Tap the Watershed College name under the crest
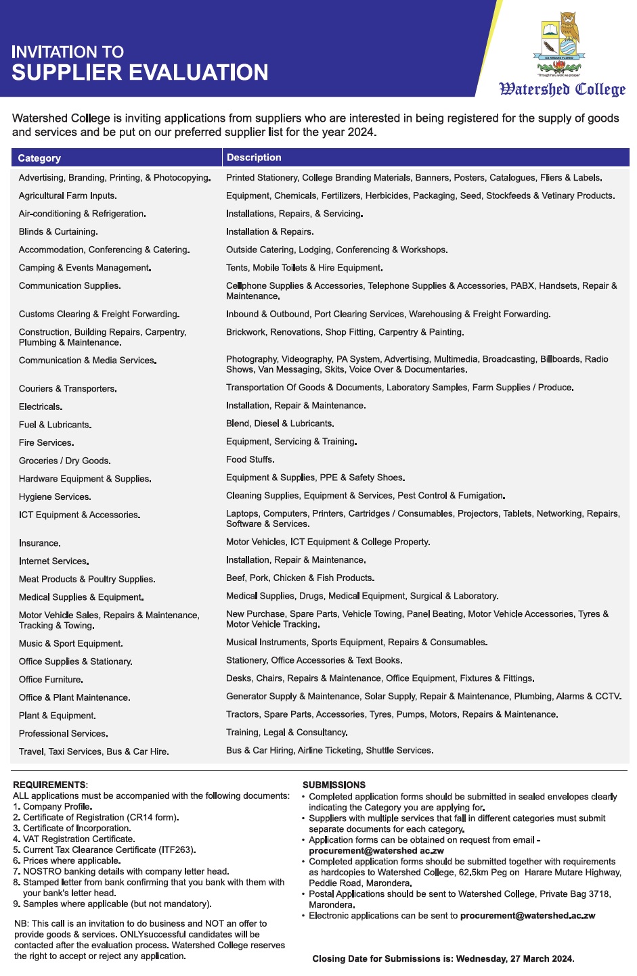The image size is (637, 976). pos(562,89)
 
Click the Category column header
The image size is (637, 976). pos(39,158)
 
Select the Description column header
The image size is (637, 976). pos(254,158)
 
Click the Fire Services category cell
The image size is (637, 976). pos(47,443)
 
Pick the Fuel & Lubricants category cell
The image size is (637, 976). pos(56,425)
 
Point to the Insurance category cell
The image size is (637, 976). pos(40,543)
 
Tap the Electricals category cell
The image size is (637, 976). pos(41,407)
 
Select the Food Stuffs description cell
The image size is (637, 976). pos(250,460)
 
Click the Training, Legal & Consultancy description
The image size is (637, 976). pos(287,733)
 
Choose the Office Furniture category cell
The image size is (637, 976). pos(51,680)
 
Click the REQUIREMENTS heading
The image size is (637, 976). pos(50,785)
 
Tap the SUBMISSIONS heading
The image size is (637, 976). pos(334,785)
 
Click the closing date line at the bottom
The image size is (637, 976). pos(443,959)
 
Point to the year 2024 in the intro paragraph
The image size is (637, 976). pos(360,133)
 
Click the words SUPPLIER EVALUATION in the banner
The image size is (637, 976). pos(140,73)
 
